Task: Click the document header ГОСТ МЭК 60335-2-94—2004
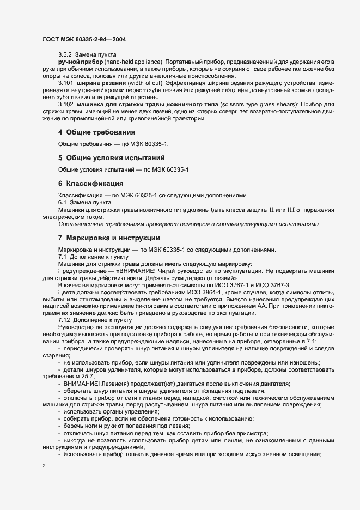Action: [x=84, y=39]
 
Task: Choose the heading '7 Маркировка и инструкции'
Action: [x=109, y=238]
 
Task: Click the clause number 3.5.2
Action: [x=65, y=56]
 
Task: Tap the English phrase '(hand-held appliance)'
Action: [x=133, y=63]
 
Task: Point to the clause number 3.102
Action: [x=65, y=104]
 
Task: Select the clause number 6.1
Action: [x=62, y=202]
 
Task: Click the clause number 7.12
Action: [x=64, y=321]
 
